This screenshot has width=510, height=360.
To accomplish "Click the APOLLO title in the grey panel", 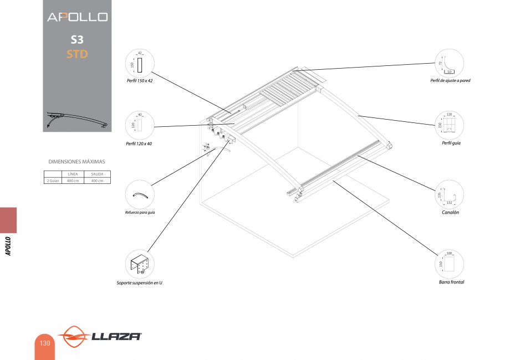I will pos(77,17).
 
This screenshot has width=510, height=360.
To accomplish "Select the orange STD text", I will pos(77,54).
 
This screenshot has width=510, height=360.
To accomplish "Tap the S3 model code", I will pos(77,40).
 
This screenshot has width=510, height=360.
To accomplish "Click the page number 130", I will pos(44,343).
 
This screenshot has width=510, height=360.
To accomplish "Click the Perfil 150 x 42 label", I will pos(140,80).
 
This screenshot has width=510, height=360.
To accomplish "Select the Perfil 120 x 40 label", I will pos(139,143).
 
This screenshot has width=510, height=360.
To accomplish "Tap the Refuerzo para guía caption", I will pos(140,213).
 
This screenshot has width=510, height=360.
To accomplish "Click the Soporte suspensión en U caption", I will pos(139,283).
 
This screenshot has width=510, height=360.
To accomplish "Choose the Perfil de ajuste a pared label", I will pos(450,80).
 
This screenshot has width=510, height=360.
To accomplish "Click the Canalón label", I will pos(450,212).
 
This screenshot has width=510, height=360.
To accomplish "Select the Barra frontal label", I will pos(451,282).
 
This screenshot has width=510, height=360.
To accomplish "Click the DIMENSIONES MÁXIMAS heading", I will pos(76,162).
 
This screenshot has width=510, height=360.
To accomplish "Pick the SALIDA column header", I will pos(97,174).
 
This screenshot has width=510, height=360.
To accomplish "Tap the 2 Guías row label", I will pos(53,181).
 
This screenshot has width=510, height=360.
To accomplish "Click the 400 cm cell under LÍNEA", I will pos(73,181).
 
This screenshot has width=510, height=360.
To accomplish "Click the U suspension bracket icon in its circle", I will pos(140,264).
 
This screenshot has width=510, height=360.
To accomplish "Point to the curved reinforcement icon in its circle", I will pos(140,195).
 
